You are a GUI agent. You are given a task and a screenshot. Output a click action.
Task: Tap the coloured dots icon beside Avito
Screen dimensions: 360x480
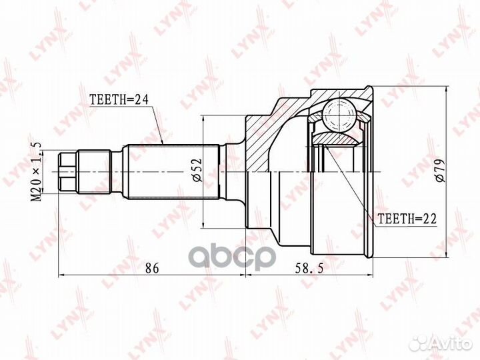[418, 343]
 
